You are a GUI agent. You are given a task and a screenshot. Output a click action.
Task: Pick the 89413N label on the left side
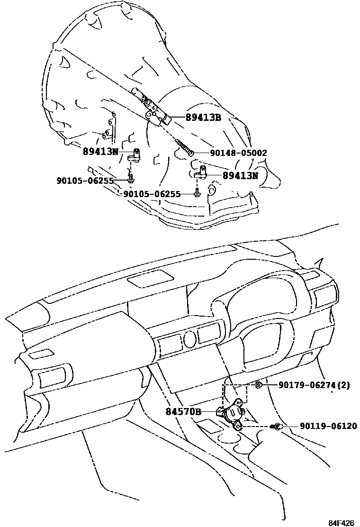point(100,152)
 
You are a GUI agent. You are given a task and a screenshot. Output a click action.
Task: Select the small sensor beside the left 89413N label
point(135,155)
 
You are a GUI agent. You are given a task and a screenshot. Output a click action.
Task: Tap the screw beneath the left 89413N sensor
point(131,179)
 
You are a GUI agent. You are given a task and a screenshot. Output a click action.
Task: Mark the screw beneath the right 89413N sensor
point(196,193)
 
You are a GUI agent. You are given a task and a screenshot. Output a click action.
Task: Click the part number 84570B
point(183,411)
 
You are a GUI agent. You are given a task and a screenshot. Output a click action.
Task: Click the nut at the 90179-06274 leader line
point(259,385)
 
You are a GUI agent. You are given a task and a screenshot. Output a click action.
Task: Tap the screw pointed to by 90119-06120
point(277,427)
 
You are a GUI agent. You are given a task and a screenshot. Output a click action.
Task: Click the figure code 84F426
point(342,523)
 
